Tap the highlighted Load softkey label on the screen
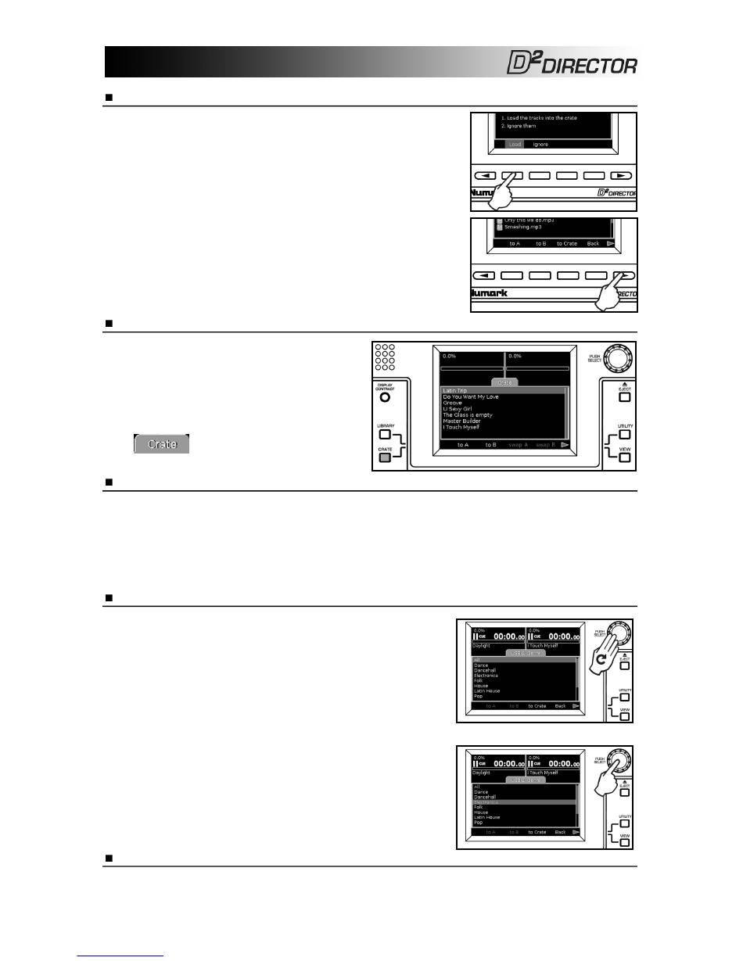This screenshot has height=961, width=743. [513, 144]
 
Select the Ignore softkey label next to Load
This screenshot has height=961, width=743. [540, 144]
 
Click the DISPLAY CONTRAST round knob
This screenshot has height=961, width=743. [385, 396]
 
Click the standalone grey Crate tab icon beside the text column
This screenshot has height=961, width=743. [161, 444]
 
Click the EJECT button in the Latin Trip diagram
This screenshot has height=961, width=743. [624, 396]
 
